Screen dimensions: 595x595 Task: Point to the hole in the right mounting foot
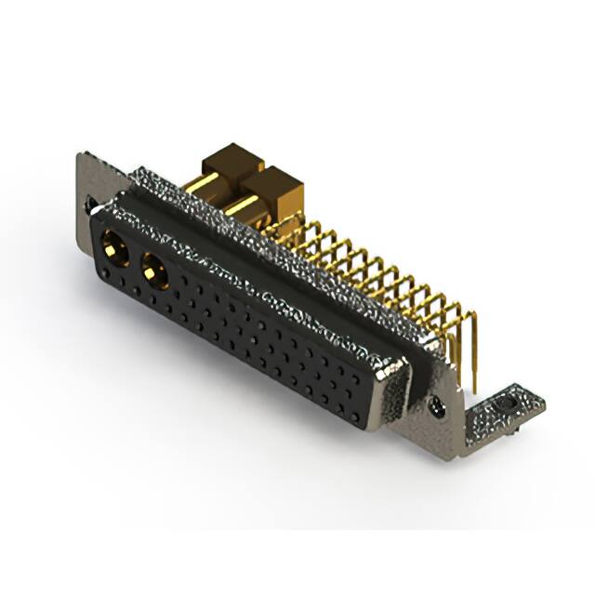506,405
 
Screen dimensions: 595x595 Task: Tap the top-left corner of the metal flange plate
80,156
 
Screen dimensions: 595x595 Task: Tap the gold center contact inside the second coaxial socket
153,272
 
